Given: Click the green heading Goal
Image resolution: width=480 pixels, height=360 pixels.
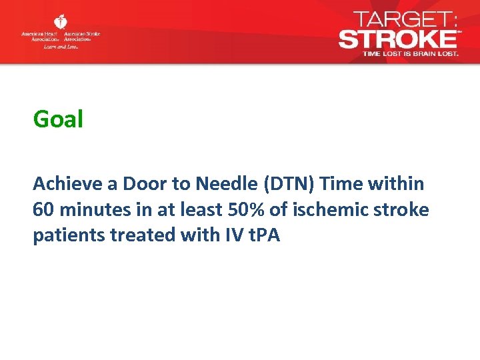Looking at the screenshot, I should pos(58,120).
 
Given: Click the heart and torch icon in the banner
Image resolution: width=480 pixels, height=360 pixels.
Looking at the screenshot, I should pos(61,22).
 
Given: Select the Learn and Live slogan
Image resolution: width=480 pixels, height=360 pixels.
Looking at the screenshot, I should pos(61,47).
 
